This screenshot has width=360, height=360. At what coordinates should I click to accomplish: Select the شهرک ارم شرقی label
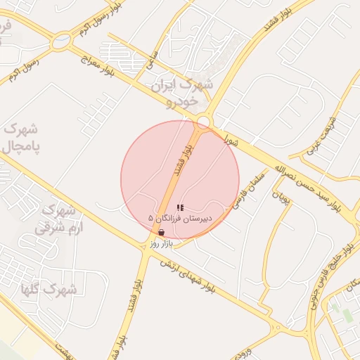(61, 218)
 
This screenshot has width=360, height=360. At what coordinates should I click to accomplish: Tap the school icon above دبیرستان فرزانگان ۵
(180, 208)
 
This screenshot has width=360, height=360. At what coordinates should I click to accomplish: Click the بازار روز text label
(161, 243)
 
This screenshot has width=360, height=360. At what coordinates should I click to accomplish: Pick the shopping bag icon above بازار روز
(162, 233)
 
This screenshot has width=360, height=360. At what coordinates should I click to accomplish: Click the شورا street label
(231, 140)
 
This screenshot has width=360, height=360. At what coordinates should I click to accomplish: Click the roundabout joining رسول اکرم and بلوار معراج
(62, 39)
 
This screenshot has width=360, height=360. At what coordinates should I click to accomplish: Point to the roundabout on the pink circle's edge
(203, 122)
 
